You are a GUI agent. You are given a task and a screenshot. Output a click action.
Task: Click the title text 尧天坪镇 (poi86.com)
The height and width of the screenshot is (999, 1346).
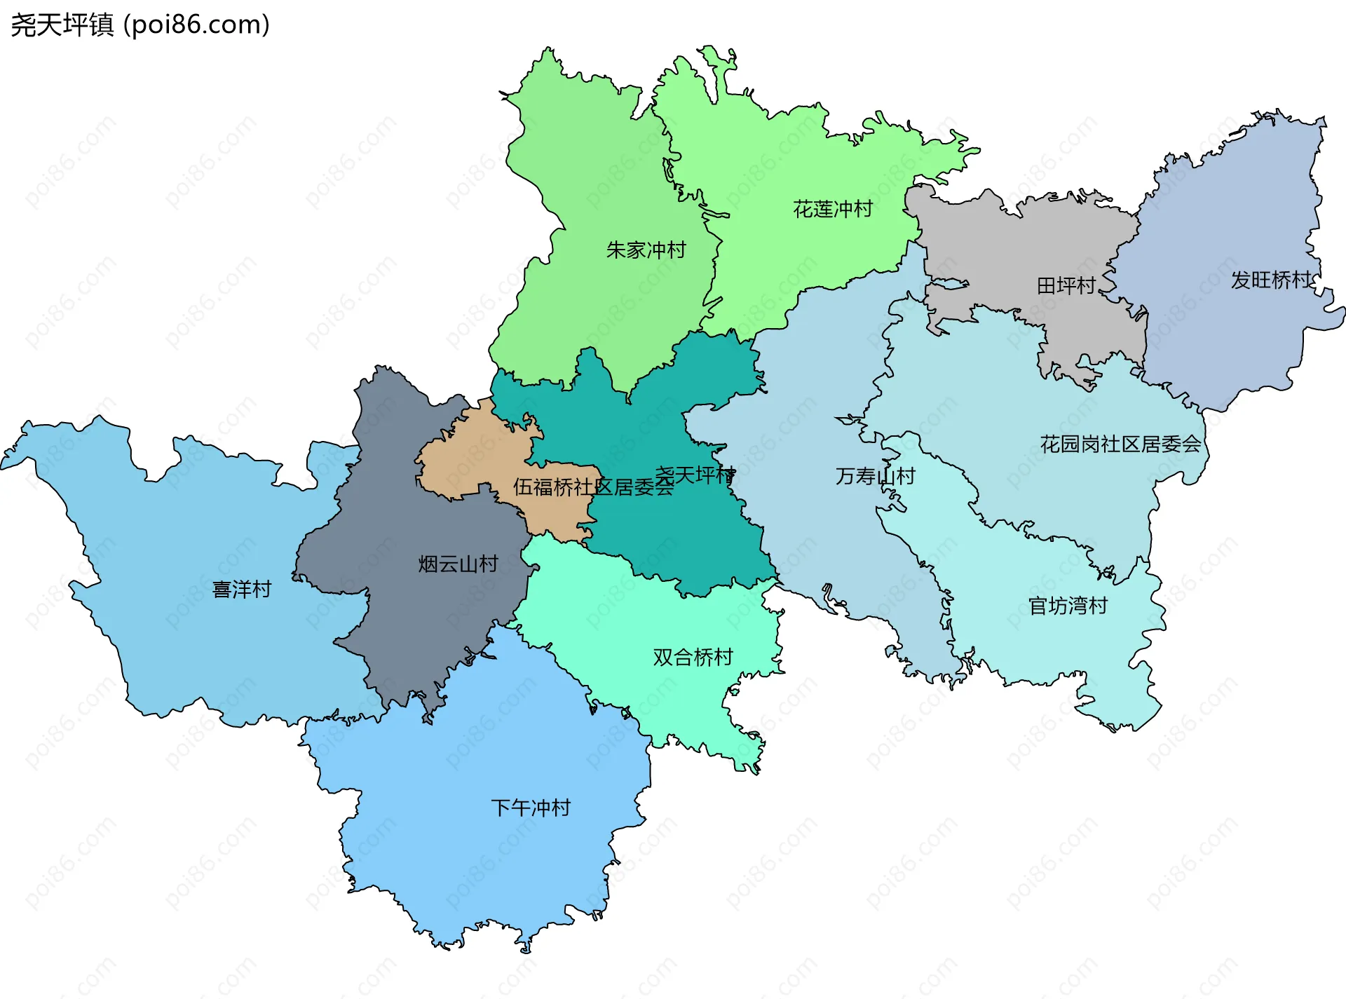click(140, 25)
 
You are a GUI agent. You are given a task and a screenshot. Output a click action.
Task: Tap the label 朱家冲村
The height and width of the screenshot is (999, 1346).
click(646, 250)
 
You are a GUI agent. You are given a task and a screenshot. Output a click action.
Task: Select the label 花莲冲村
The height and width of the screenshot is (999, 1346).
click(832, 209)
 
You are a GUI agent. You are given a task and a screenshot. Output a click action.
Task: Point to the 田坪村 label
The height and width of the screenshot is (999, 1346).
click(1066, 286)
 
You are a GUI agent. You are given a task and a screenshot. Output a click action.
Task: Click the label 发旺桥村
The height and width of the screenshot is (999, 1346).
click(1270, 280)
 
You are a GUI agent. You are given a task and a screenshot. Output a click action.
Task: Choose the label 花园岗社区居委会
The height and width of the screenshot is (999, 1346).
click(1120, 444)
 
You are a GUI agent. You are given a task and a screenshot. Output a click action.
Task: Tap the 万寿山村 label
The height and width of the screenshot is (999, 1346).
click(875, 477)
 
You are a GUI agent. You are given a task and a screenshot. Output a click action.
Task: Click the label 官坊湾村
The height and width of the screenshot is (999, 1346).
click(1067, 606)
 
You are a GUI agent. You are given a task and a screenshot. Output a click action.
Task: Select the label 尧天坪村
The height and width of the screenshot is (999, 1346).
click(695, 475)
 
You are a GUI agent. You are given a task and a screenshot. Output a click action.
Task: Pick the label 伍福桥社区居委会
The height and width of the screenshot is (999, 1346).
click(593, 487)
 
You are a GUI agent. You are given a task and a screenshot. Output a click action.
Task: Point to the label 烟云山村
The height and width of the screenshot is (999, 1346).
click(458, 564)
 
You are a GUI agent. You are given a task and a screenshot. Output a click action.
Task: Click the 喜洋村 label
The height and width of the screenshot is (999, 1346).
click(242, 590)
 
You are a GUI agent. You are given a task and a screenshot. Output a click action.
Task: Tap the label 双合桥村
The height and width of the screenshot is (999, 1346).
click(693, 658)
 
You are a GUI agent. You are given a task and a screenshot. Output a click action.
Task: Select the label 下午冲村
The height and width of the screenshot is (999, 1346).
click(531, 808)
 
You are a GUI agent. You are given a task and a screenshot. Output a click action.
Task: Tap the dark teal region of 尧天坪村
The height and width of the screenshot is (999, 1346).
click(673, 540)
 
